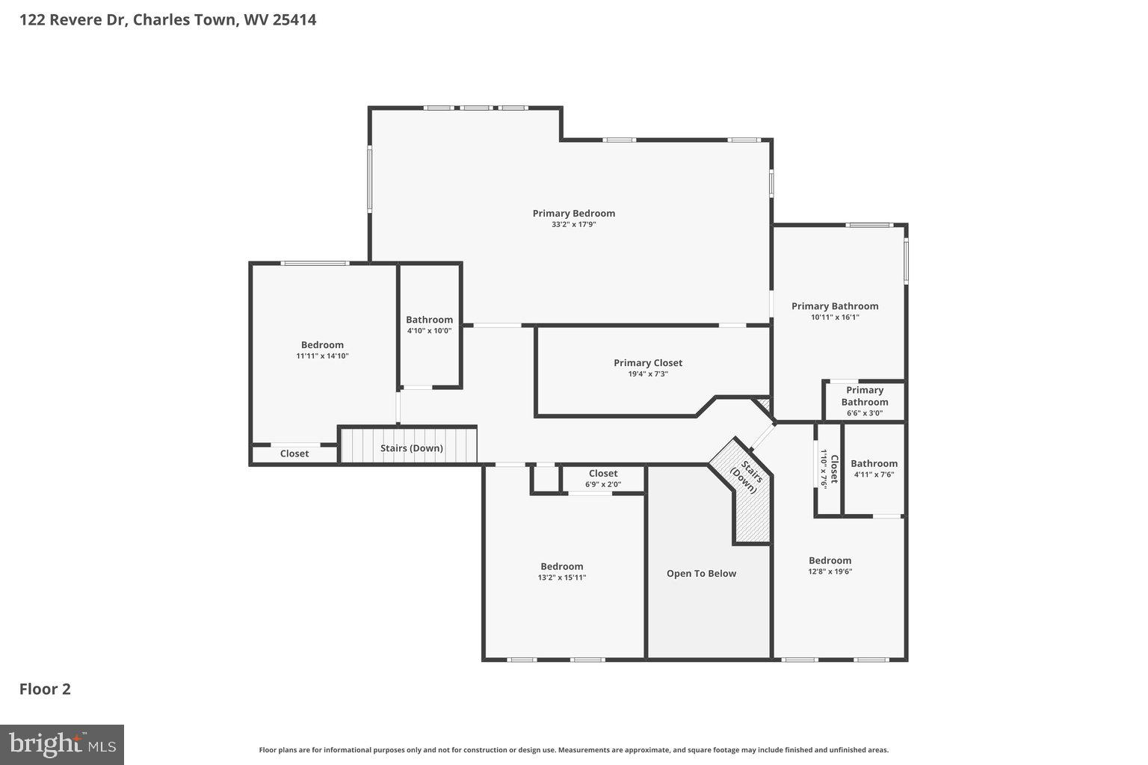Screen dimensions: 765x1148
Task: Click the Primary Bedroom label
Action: point(573,213)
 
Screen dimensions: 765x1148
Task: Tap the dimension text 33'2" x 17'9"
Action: point(573,224)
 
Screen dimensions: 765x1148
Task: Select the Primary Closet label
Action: point(648,362)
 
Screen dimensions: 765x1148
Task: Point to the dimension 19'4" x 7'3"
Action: point(648,374)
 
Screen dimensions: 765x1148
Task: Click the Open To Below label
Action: point(701,574)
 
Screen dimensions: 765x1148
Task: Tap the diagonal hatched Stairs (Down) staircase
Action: point(747,493)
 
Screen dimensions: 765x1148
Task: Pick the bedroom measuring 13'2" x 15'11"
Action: point(562,572)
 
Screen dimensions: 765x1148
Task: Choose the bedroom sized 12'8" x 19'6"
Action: point(830,566)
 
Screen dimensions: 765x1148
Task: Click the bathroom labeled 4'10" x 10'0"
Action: point(429,325)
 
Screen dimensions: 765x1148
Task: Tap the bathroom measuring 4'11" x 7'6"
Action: point(874,468)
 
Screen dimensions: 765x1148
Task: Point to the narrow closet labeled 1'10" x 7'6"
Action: point(828,469)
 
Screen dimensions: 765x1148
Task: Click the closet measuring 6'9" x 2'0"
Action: point(602,478)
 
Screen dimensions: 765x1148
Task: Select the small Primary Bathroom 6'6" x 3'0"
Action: point(864,401)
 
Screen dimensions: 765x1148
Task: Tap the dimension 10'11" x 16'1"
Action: point(835,317)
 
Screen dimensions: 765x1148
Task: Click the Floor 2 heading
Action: point(45,689)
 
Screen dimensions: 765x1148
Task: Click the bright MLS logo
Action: point(62,745)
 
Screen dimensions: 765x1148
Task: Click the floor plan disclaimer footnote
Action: point(573,750)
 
